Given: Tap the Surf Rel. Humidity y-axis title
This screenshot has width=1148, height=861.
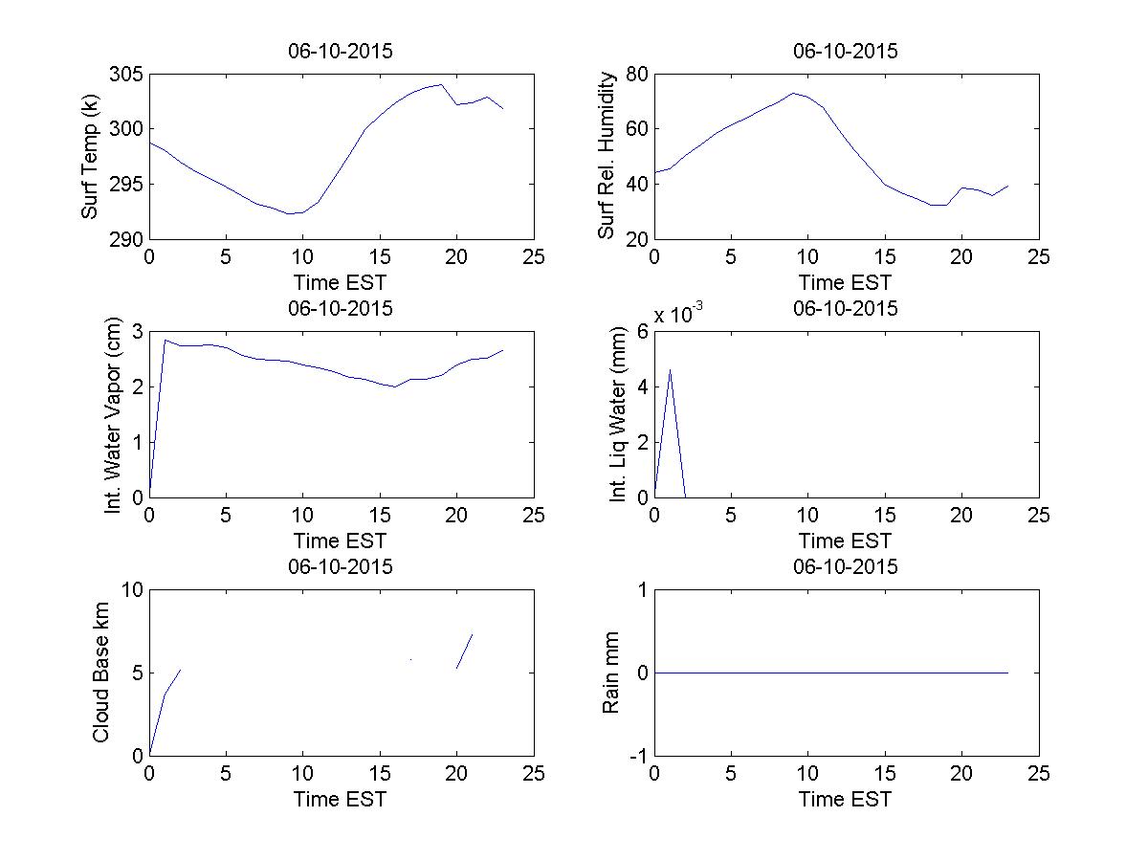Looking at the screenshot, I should (x=607, y=157).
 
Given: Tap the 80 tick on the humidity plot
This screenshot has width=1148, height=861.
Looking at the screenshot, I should (x=636, y=75).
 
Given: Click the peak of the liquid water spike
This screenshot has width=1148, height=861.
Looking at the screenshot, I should (x=670, y=369).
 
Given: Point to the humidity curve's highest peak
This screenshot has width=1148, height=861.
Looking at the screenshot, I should (x=793, y=93).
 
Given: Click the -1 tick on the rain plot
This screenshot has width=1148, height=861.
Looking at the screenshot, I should (x=636, y=756).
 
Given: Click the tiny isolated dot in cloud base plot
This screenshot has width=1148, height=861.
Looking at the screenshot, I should (x=410, y=659).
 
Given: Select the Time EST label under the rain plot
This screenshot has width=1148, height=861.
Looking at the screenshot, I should (x=845, y=799).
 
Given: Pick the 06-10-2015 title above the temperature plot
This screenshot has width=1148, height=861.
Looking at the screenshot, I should (x=340, y=52).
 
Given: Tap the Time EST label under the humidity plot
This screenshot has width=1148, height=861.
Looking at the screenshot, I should (x=845, y=282).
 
